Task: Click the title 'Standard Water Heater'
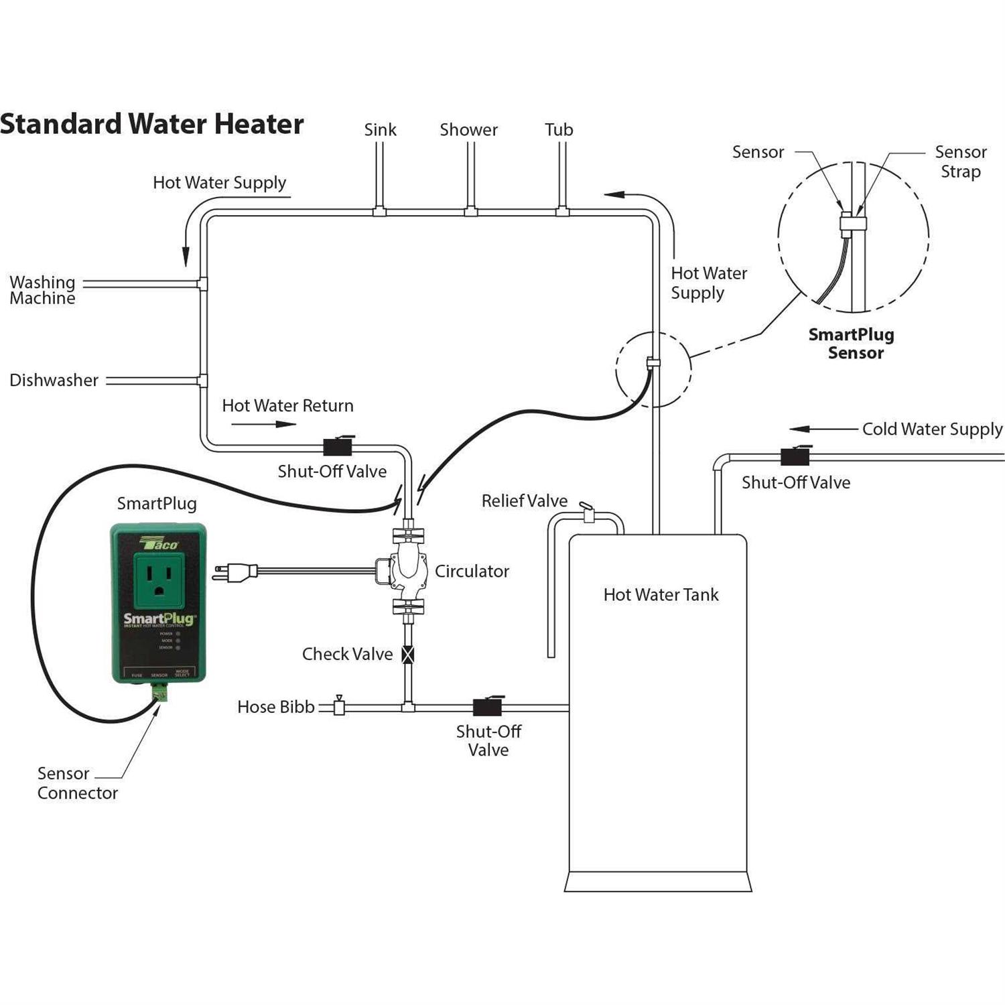click(152, 125)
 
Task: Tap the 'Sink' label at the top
click(380, 130)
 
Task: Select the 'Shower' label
click(468, 130)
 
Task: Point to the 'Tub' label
click(559, 130)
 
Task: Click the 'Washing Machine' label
click(42, 290)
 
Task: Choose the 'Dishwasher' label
click(54, 381)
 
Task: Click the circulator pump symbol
click(408, 571)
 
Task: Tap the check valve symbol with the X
click(407, 654)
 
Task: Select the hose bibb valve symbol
click(339, 706)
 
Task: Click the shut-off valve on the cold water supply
click(795, 456)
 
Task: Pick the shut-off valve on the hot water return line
click(338, 446)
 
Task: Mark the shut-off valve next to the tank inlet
click(488, 707)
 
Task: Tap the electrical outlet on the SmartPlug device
click(159, 576)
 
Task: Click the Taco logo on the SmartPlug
click(159, 543)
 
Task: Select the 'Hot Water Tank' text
click(661, 595)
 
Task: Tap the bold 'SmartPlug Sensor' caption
click(852, 344)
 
